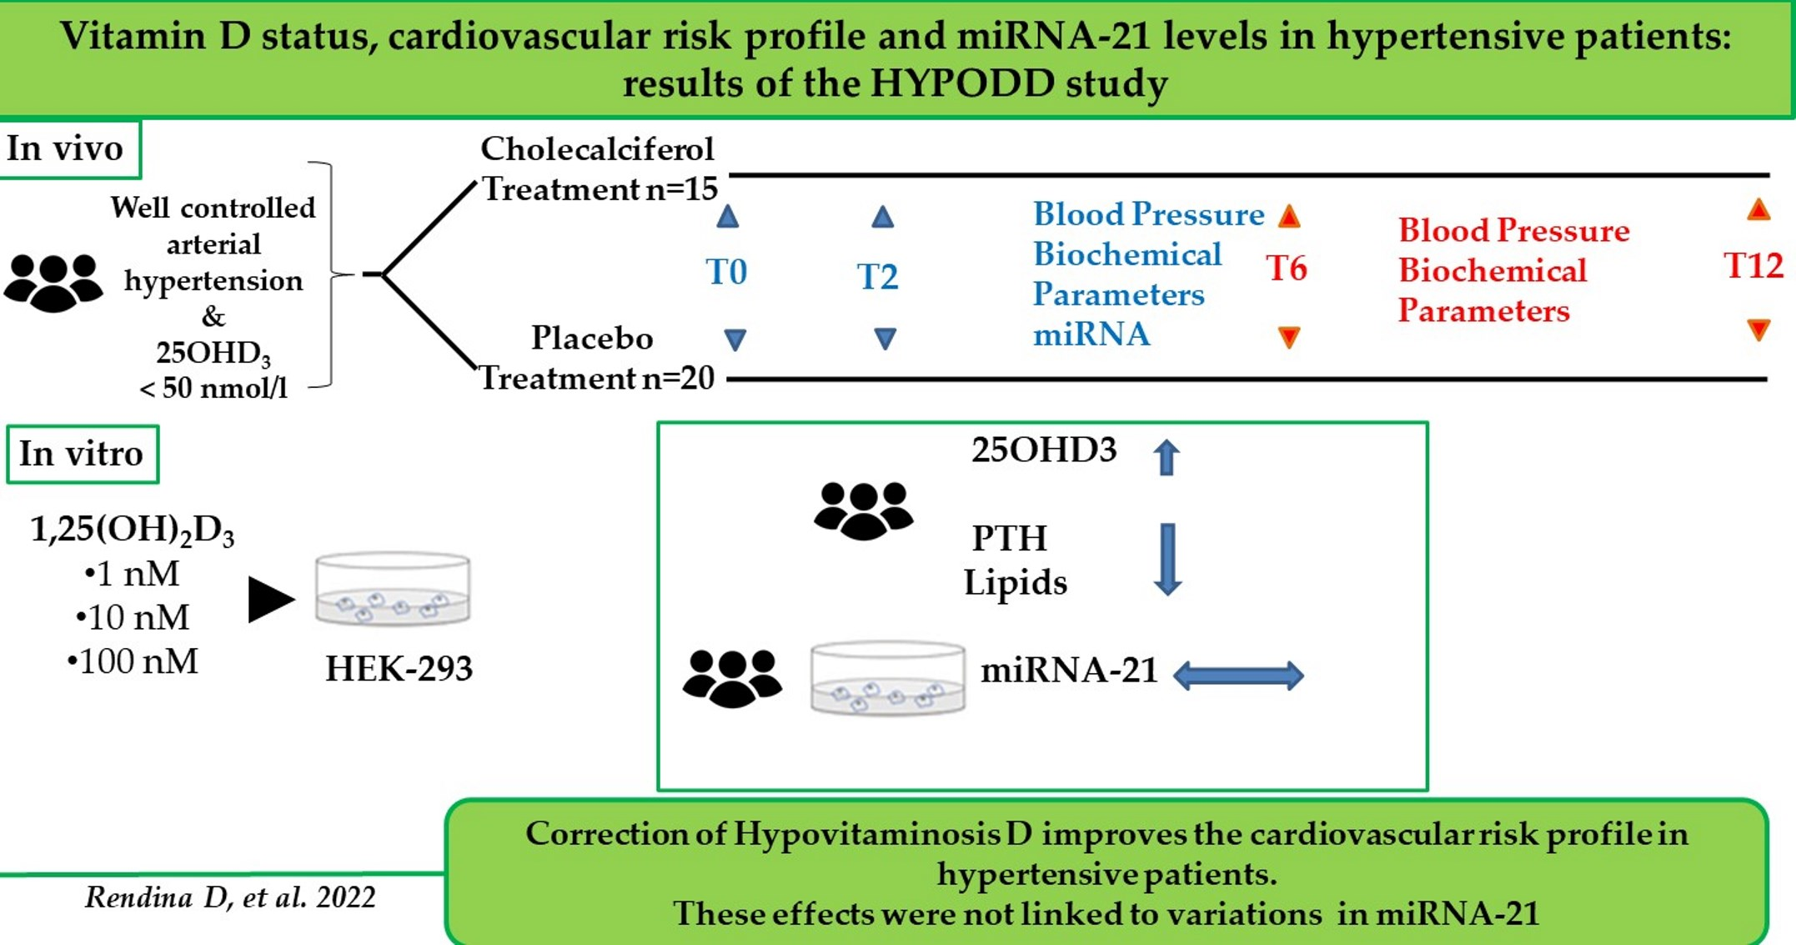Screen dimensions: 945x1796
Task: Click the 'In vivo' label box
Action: pos(67,148)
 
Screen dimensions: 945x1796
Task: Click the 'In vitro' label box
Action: pos(81,454)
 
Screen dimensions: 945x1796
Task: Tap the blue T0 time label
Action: pos(726,273)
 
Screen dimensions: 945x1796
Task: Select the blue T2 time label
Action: pos(878,277)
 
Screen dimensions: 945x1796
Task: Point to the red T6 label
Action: pos(1287,269)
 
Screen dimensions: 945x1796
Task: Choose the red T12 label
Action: pos(1753,266)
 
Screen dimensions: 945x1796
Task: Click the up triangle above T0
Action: pos(727,218)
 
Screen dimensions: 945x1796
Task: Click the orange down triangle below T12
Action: pos(1758,330)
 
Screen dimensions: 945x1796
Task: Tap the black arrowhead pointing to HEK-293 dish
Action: pos(271,599)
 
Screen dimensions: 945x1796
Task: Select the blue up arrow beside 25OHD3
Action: pos(1166,457)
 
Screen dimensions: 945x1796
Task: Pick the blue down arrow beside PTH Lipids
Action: pos(1167,559)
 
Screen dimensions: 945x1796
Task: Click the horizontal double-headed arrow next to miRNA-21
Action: pos(1238,675)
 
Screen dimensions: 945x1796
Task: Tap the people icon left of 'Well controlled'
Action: pos(53,283)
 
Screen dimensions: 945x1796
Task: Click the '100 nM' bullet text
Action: pos(133,661)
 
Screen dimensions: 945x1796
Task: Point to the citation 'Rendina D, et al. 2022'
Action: pos(230,897)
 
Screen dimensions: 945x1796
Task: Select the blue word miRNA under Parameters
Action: pos(1091,334)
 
